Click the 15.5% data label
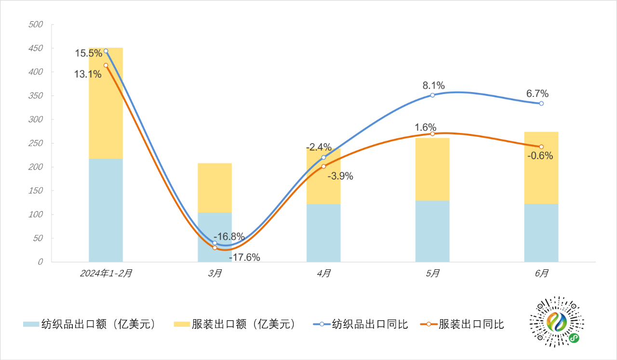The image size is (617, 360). point(88,53)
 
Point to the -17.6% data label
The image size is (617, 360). point(244,257)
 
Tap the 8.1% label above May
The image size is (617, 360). point(434,86)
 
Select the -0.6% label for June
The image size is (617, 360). point(540,156)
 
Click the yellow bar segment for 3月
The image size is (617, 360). point(215,188)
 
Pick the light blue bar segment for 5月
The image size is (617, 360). point(432,231)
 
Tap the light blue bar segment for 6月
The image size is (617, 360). point(541,233)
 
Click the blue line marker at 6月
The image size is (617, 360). point(541,103)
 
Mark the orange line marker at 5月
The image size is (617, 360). point(432,133)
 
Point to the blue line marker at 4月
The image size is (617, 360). point(323,158)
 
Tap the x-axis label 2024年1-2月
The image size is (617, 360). point(106,273)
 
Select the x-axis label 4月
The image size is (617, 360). point(324,273)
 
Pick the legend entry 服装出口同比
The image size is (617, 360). point(463,324)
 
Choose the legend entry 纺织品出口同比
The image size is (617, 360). point(362,324)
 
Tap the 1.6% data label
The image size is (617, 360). point(426,127)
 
